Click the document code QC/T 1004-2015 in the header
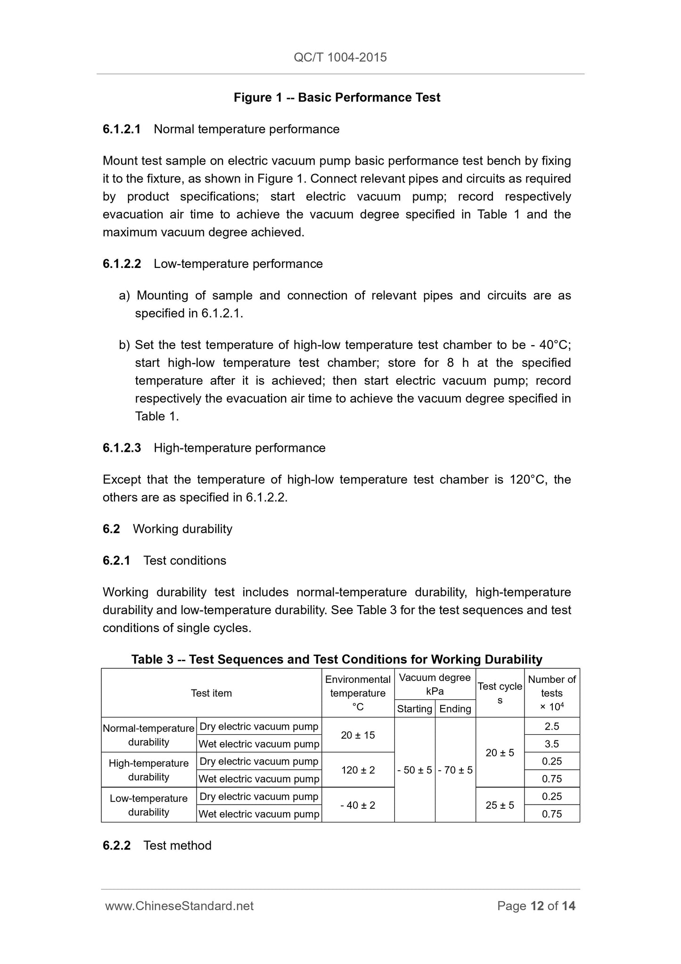pos(340,58)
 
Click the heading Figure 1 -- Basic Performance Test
pos(337,98)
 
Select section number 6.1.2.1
pos(122,129)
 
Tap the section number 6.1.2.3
pos(122,448)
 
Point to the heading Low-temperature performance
pos(238,264)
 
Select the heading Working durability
pos(182,529)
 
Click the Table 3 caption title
pos(336,659)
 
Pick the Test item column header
pos(211,693)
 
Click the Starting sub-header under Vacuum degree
pos(415,708)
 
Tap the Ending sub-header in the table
pos(455,708)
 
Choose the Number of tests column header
pos(552,693)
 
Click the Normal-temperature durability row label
pos(148,735)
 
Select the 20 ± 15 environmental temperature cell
pos(358,735)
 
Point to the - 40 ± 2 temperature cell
pos(358,805)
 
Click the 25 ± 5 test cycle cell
pos(500,805)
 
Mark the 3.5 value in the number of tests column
pos(552,744)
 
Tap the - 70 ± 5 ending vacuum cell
pos(455,770)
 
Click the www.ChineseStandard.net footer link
pos(179,906)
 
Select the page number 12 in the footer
pos(537,906)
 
